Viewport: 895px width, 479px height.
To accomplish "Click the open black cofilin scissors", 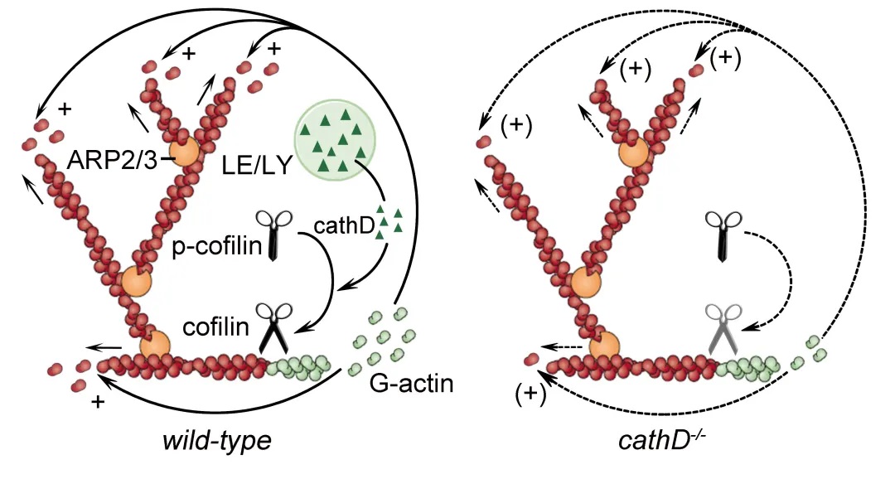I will tap(273, 327).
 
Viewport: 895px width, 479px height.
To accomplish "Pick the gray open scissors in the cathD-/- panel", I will tap(723, 327).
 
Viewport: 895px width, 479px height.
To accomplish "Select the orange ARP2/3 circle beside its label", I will tap(186, 152).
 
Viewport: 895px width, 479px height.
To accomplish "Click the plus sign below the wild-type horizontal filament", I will tap(99, 403).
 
